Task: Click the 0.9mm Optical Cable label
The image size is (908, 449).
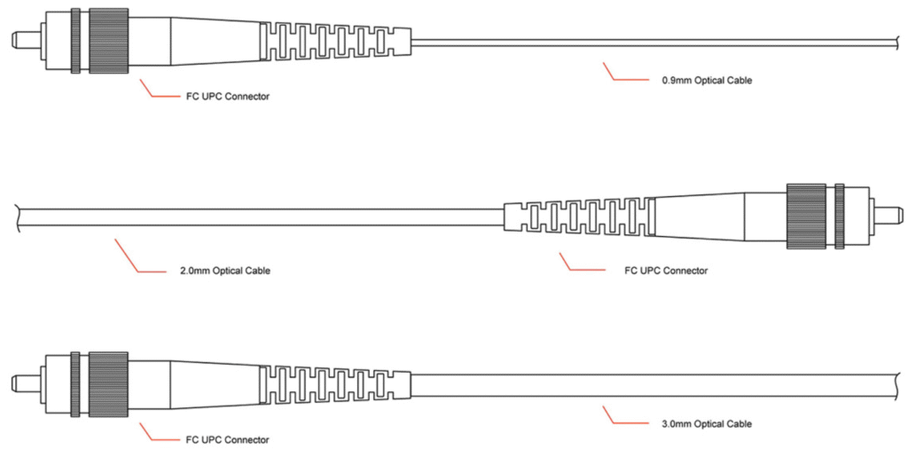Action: [707, 81]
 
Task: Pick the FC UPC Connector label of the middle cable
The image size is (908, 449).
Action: [667, 271]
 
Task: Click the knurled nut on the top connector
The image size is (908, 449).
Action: [108, 40]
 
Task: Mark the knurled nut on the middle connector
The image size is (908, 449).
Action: [805, 216]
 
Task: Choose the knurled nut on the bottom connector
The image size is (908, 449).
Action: [108, 383]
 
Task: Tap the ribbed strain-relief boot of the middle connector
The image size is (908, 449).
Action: [579, 217]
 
